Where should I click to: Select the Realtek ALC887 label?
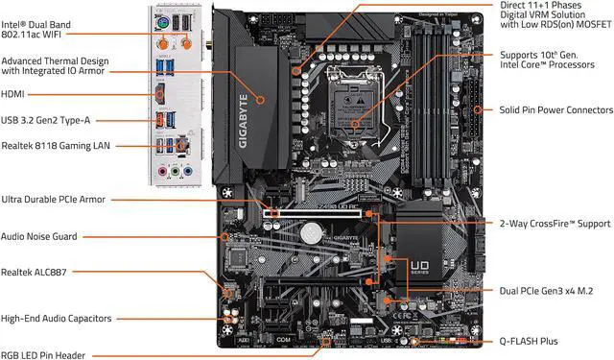[x=37, y=272]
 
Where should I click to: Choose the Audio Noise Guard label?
[x=40, y=235]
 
